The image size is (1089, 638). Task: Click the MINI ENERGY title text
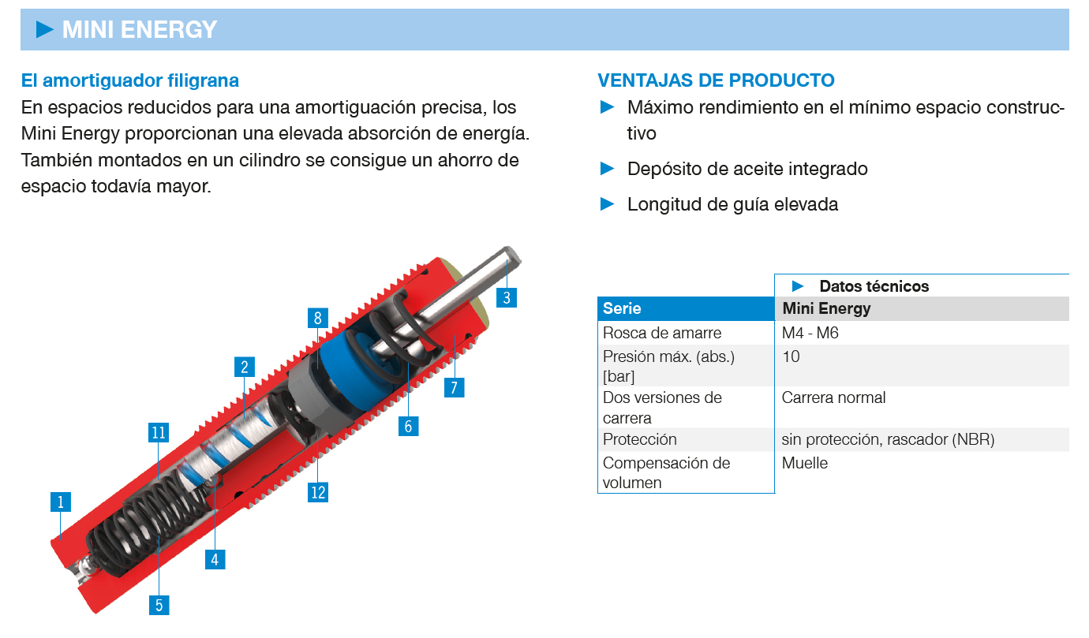point(139,30)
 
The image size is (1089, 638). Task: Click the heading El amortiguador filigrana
point(130,80)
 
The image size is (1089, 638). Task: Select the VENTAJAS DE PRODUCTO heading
point(716,80)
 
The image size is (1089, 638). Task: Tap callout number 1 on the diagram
point(60,502)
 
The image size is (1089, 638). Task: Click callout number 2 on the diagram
point(245,367)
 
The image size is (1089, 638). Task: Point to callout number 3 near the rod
point(507,297)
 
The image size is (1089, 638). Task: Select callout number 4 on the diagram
point(215,559)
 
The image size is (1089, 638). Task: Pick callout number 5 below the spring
point(159,605)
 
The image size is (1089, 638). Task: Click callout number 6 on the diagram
point(408,426)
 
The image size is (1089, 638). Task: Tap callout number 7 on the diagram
point(454,387)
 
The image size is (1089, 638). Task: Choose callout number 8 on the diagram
point(317,319)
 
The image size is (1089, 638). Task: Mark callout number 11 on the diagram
point(159,432)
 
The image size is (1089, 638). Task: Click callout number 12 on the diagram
point(318,492)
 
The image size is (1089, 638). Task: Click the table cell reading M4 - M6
point(810,333)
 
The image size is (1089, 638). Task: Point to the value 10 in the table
point(791,356)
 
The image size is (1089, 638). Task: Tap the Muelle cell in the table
point(804,463)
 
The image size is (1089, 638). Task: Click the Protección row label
point(639,439)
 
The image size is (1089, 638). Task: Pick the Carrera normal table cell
point(833,397)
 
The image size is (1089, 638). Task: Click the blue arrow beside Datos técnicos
point(798,285)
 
